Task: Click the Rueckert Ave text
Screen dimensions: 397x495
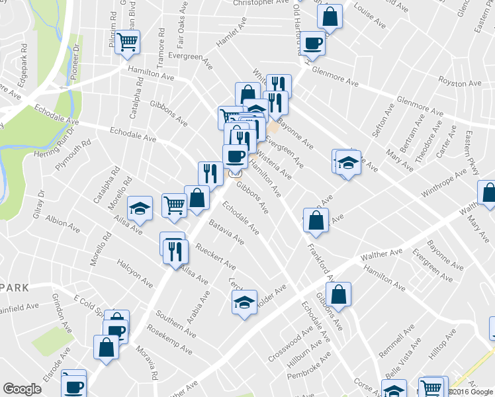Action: tap(216, 257)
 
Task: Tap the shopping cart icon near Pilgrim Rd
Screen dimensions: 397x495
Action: tap(128, 43)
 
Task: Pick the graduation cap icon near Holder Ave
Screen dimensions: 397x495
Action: tap(244, 302)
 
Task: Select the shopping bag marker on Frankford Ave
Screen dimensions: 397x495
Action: tap(316, 220)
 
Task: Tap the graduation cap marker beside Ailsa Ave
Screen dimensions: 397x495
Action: tap(140, 208)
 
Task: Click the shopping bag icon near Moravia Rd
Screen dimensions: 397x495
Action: tap(106, 347)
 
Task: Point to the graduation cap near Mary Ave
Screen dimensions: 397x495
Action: tap(347, 162)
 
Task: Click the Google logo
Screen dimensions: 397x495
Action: tap(22, 389)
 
